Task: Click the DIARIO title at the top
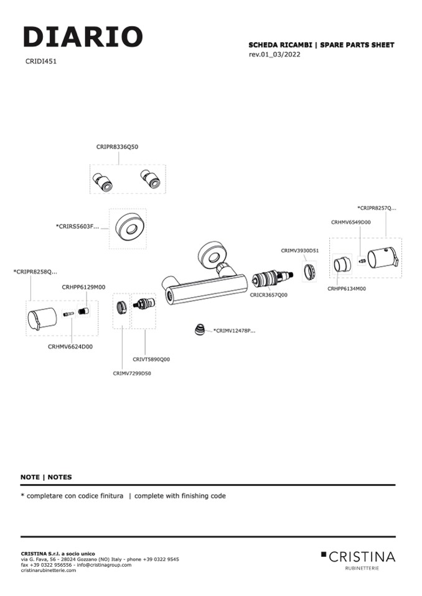[83, 37]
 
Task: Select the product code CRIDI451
[42, 62]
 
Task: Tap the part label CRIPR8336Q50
[117, 147]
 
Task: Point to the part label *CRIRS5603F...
[77, 226]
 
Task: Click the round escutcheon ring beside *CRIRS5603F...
[128, 228]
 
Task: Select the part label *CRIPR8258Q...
[35, 272]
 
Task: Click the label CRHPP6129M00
[83, 287]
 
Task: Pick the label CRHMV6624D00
[70, 347]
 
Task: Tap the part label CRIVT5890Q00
[151, 359]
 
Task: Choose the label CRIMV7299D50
[132, 373]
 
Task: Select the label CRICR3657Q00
[269, 295]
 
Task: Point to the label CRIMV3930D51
[300, 250]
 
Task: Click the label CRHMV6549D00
[350, 222]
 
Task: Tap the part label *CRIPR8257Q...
[377, 208]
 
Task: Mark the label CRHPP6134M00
[347, 288]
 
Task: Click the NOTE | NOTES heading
[46, 477]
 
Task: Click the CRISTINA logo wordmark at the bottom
[362, 556]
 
